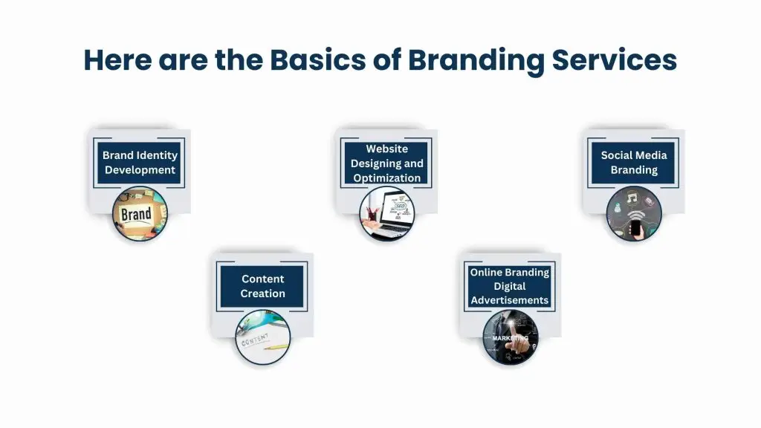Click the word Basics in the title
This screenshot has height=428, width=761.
(x=317, y=59)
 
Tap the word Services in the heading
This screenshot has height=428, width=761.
(x=614, y=59)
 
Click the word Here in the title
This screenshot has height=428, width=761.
(x=117, y=59)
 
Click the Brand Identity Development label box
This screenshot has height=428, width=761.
(x=139, y=163)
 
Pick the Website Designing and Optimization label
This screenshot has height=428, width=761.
(x=386, y=163)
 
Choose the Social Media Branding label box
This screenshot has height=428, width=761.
(x=633, y=163)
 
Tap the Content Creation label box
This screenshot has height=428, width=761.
(x=262, y=286)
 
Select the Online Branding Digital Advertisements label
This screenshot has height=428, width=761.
(x=510, y=286)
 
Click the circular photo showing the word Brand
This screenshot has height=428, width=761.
(x=140, y=214)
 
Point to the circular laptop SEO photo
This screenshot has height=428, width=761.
(x=386, y=214)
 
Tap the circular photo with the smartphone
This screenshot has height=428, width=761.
(x=634, y=214)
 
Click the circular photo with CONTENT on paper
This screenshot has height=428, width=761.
(x=262, y=337)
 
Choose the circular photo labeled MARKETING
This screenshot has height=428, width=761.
(x=510, y=337)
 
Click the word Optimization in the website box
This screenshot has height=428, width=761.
(x=386, y=178)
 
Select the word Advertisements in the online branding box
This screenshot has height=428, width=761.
(x=510, y=300)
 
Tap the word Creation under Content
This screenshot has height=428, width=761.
(x=262, y=294)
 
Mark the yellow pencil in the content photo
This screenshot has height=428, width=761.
(x=276, y=347)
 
